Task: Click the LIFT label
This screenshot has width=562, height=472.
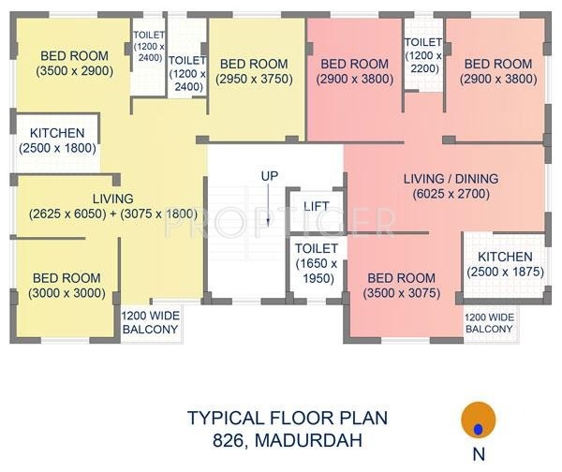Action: click(x=317, y=206)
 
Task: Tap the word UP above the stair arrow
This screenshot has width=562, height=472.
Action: click(x=270, y=176)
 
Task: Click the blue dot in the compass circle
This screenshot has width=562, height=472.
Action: click(x=478, y=429)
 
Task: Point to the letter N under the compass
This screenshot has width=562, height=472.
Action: click(x=479, y=454)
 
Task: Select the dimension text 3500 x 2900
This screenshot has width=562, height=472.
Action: click(x=75, y=71)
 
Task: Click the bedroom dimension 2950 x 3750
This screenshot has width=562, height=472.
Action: click(x=254, y=79)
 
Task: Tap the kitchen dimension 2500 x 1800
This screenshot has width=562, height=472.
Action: click(x=57, y=148)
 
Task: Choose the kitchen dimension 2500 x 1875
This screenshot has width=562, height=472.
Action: click(x=506, y=272)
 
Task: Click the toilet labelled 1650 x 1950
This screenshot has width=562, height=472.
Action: click(x=317, y=263)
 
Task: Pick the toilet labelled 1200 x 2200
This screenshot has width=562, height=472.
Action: click(x=423, y=55)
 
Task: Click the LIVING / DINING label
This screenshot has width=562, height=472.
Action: click(x=451, y=179)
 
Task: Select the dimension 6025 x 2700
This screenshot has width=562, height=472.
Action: click(x=451, y=194)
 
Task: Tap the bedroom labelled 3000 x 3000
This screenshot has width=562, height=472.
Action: click(x=67, y=286)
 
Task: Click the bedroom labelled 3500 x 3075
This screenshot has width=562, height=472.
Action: click(x=402, y=286)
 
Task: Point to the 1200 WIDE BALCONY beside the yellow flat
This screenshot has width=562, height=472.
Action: click(x=150, y=322)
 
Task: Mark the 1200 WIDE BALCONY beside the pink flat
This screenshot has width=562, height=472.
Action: click(x=489, y=323)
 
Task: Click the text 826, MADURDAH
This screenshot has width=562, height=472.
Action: click(x=288, y=440)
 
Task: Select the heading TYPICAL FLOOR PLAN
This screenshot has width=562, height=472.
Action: click(x=288, y=418)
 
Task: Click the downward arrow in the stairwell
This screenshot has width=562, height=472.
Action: click(x=268, y=206)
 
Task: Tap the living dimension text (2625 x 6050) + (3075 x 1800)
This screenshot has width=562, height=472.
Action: click(x=113, y=214)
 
